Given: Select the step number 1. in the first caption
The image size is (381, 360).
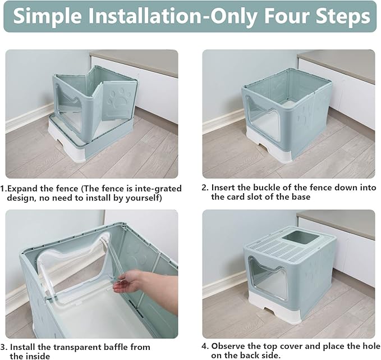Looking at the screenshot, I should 4,189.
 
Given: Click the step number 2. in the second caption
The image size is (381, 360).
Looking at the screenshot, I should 205,188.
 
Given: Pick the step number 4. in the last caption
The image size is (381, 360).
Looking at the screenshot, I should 205,346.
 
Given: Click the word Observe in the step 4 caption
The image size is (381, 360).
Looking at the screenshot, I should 229,346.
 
